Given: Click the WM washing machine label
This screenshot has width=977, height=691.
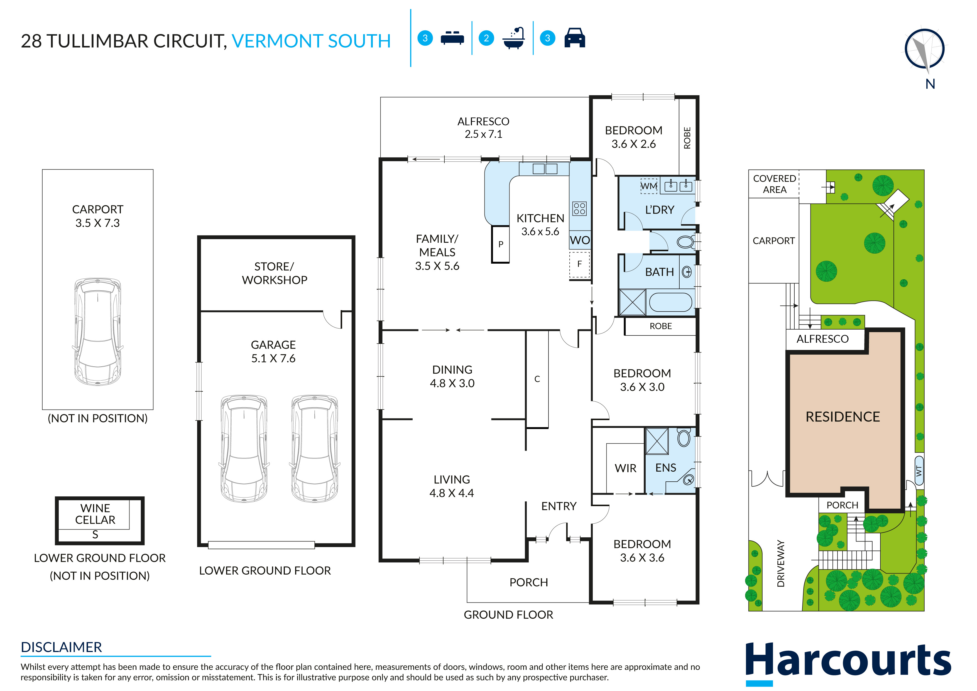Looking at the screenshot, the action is (x=648, y=186).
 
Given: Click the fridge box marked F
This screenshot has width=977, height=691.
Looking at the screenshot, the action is (x=580, y=265).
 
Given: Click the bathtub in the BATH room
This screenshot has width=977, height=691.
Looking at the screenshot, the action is (x=671, y=303).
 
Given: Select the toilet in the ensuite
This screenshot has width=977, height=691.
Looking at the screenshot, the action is (x=683, y=437).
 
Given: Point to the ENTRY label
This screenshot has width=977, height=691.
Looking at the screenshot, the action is (x=559, y=506).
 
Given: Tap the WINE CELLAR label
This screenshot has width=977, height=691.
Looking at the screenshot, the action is (x=95, y=514).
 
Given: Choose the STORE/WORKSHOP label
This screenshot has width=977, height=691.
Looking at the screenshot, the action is (x=275, y=273).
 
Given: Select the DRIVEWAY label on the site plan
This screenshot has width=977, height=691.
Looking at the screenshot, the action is (x=780, y=563).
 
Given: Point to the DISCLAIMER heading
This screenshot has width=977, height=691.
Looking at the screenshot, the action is (x=61, y=647).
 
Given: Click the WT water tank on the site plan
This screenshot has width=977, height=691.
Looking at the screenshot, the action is (x=919, y=471).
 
